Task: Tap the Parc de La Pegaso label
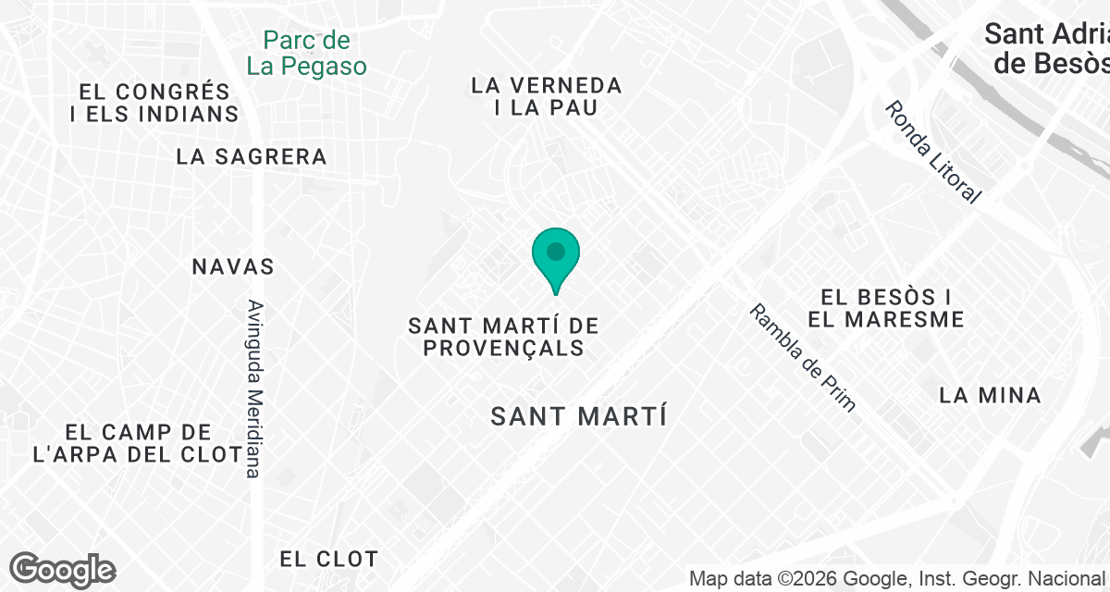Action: pos(306,54)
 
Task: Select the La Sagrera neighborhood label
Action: pos(252,156)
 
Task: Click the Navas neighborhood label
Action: pos(233,266)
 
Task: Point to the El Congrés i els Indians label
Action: pos(154,103)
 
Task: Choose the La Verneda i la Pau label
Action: pos(546,96)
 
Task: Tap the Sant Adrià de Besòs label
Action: pos(1045,48)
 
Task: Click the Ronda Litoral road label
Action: pos(931,152)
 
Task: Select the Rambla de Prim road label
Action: pos(803,357)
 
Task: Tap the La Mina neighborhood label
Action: pos(990,395)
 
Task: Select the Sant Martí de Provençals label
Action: pos(504,337)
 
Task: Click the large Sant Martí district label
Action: pos(578,416)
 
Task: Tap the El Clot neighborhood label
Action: pos(328,559)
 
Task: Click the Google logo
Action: pos(62,569)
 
